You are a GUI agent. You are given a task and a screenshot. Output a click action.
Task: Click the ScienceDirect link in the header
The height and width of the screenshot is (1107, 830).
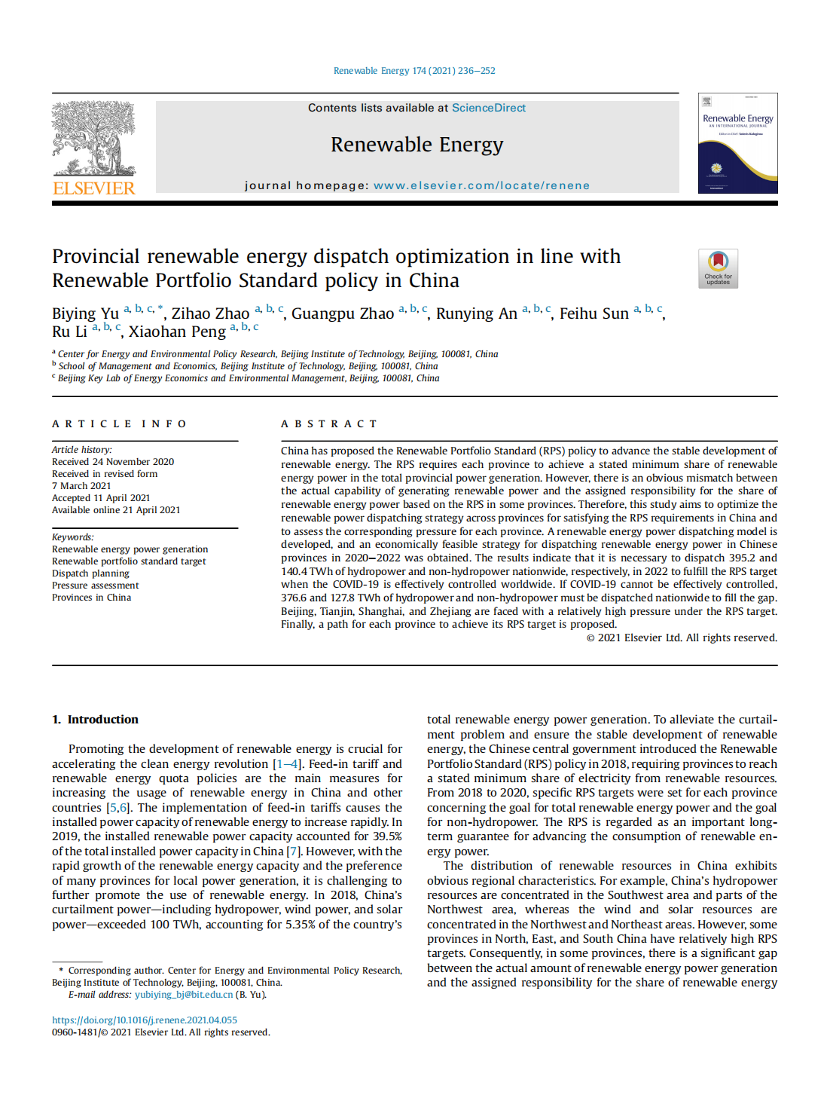[488, 108]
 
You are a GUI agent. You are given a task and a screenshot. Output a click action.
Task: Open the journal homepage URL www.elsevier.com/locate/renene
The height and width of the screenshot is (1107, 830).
[481, 185]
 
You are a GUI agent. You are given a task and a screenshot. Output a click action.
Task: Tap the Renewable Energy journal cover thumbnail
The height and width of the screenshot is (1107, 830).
[737, 143]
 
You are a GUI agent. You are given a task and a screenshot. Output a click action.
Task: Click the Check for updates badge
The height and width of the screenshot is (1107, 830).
[718, 268]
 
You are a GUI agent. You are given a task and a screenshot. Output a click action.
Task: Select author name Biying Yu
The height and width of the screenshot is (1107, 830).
[85, 313]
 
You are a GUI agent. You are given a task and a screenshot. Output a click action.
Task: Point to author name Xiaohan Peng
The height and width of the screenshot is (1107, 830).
[177, 332]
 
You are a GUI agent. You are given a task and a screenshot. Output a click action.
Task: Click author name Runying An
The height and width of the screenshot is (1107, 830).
[476, 313]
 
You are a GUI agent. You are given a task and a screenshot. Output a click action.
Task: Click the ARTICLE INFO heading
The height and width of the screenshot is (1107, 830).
[119, 424]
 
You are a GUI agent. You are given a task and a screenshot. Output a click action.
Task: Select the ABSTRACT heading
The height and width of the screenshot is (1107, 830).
[329, 424]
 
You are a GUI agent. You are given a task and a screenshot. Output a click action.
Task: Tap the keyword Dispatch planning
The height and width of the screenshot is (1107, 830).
[90, 573]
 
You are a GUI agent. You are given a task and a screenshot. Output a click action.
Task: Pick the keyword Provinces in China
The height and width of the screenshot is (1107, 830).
[91, 598]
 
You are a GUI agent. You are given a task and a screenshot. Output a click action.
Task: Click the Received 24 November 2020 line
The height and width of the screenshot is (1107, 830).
[113, 462]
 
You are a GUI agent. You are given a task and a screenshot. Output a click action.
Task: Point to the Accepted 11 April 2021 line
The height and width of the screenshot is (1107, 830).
[101, 498]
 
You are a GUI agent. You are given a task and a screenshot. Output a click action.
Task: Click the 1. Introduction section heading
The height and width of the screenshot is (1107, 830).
[96, 720]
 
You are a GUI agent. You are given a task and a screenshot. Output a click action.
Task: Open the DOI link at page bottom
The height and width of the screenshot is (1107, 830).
[145, 1020]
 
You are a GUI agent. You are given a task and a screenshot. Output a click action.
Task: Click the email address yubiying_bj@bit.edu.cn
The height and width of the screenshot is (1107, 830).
[184, 995]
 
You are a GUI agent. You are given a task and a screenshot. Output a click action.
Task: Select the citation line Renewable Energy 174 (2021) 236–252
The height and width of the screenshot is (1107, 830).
[414, 71]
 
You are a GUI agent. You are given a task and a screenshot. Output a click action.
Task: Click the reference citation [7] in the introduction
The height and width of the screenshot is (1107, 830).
[293, 852]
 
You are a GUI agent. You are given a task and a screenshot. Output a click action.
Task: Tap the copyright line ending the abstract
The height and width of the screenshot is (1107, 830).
[682, 638]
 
